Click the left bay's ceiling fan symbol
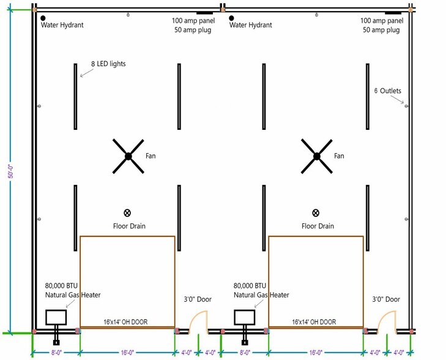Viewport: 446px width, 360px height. tap(128, 156)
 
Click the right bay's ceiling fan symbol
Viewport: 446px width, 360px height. tap(317, 156)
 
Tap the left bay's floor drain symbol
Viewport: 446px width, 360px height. tap(127, 212)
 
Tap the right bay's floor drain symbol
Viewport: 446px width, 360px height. tap(316, 212)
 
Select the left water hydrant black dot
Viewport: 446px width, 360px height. tap(43, 18)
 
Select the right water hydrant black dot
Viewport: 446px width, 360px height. tap(231, 18)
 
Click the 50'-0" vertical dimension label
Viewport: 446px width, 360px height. tap(11, 171)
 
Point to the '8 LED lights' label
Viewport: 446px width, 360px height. tap(108, 64)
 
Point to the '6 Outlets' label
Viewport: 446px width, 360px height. tap(388, 91)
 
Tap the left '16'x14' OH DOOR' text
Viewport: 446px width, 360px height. tap(125, 322)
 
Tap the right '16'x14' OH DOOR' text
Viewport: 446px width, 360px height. tap(314, 322)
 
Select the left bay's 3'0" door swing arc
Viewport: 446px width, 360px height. tap(193, 317)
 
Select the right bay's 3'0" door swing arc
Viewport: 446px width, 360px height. tap(382, 317)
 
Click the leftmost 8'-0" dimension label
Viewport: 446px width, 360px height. tap(56, 353)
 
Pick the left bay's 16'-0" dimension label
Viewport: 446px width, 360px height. tap(127, 353)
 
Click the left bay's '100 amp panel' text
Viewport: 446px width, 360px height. tap(193, 20)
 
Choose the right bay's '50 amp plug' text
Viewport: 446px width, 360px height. tap(381, 30)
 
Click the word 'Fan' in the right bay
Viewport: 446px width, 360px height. tap(339, 156)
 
